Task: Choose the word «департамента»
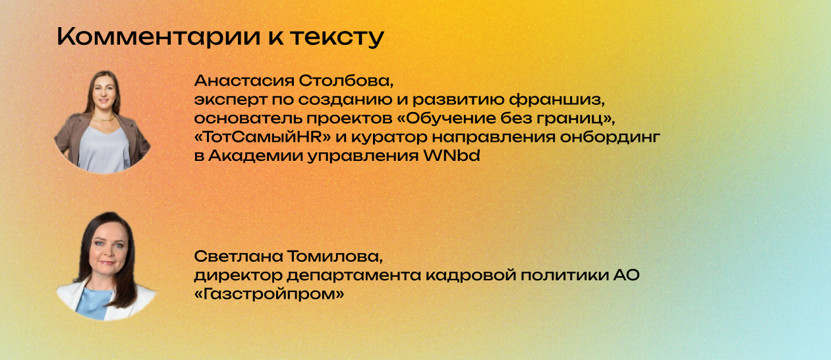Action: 339,275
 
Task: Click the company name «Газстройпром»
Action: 270,293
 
